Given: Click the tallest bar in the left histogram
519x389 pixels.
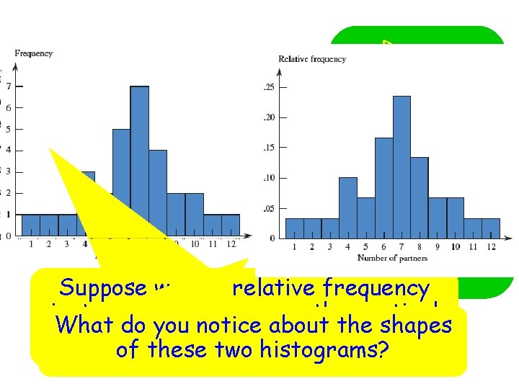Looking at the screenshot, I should click(139, 158).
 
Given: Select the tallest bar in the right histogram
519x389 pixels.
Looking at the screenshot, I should click(402, 166).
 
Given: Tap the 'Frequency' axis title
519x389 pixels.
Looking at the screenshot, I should click(34, 53).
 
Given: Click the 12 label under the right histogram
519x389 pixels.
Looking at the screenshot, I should click(491, 247).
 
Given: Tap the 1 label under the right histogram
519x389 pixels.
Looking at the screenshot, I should click(295, 247).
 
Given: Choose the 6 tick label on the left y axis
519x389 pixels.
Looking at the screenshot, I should click(9, 107).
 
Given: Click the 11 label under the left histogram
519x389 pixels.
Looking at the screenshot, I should click(213, 244).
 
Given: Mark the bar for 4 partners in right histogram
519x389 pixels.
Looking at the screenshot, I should click(347, 207).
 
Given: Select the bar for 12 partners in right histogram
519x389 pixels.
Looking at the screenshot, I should click(491, 228).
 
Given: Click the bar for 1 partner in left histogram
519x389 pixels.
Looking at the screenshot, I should click(31, 225).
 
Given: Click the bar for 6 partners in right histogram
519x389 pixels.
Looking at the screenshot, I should click(383, 187).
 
